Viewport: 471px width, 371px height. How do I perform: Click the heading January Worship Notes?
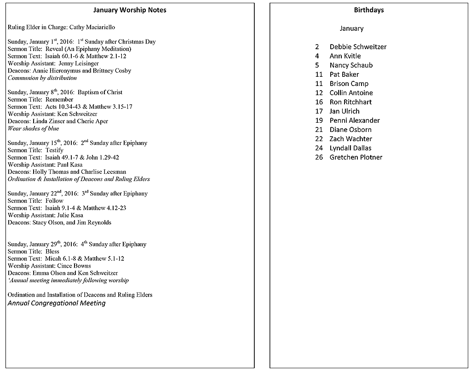tap(130, 10)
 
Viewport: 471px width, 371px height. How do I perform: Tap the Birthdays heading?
tap(369, 10)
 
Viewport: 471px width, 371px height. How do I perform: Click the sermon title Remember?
tap(59, 100)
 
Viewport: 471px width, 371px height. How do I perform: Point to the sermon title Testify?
tap(54, 150)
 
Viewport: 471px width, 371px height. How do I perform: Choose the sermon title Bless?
tap(52, 251)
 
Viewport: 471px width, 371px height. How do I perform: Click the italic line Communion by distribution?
tap(42, 78)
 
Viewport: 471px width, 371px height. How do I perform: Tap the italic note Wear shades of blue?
tap(34, 129)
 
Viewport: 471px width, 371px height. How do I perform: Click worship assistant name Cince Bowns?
tap(74, 266)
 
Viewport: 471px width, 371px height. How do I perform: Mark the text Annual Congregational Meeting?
tap(57, 303)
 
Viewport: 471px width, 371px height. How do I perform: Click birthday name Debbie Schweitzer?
tap(358, 47)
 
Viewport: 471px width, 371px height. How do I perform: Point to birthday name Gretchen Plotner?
tap(356, 157)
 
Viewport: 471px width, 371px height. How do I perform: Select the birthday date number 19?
tap(319, 120)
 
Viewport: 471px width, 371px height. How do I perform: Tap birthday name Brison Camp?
tap(349, 84)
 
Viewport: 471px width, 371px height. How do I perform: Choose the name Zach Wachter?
tap(350, 139)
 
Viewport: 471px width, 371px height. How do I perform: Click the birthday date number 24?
tap(319, 148)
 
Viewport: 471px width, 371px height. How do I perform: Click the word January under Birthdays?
tap(351, 29)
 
